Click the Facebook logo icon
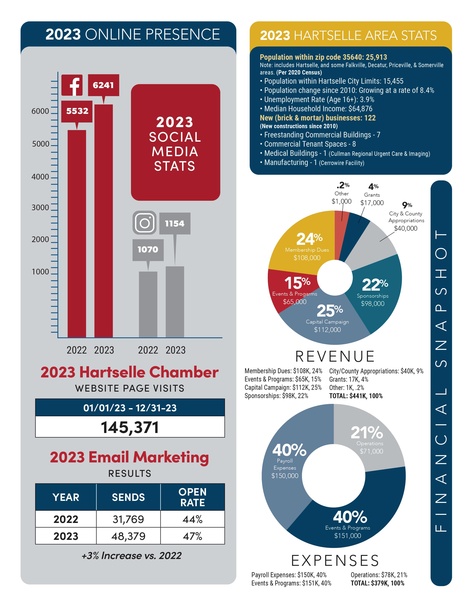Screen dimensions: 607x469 [x=72, y=85]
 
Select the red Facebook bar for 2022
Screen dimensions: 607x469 [x=77, y=233]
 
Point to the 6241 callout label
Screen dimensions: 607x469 [x=103, y=85]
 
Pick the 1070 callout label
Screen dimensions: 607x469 [x=148, y=250]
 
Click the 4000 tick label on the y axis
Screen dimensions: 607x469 [x=40, y=177]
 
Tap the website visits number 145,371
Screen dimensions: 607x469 [x=130, y=427]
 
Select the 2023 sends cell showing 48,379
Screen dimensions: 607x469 [x=128, y=536]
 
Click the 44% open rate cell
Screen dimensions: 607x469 [x=192, y=519]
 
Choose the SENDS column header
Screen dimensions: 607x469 [x=128, y=497]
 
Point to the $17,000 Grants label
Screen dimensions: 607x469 [x=372, y=203]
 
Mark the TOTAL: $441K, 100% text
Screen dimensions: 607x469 [x=356, y=396]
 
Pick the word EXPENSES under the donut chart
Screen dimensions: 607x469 [x=335, y=560]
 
